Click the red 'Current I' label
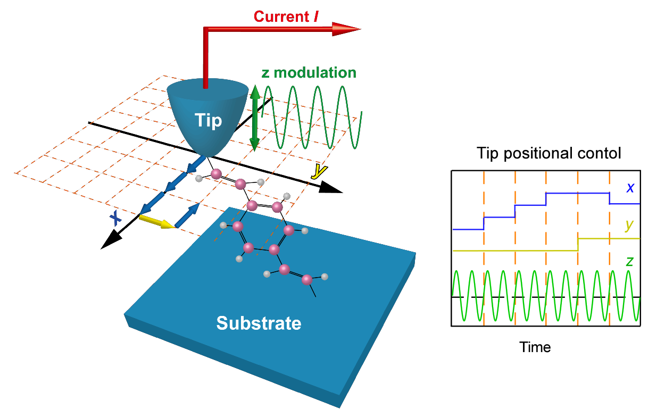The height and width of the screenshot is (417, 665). click(x=286, y=16)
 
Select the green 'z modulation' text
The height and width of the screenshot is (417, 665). click(x=309, y=72)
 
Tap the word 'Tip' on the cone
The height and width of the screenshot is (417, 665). click(x=208, y=121)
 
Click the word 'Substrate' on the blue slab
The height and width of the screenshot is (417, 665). click(x=259, y=322)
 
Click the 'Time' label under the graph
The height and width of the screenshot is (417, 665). click(x=535, y=347)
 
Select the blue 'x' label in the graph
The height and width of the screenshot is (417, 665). click(x=629, y=187)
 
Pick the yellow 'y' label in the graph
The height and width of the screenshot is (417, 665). click(x=629, y=225)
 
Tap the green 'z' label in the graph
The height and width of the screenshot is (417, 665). click(x=629, y=261)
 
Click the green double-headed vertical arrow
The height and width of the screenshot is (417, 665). click(x=255, y=118)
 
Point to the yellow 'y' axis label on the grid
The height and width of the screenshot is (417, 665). click(x=318, y=171)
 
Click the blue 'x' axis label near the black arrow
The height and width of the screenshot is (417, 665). click(x=114, y=217)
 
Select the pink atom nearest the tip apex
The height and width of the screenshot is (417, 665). click(x=216, y=174)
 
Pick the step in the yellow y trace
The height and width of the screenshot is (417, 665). click(x=578, y=244)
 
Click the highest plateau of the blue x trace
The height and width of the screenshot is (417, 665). click(x=577, y=193)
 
